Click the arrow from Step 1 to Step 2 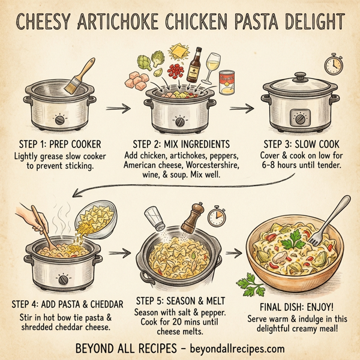pyautogui.click(x=118, y=109)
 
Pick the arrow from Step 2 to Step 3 pyautogui.click(x=241, y=109)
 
